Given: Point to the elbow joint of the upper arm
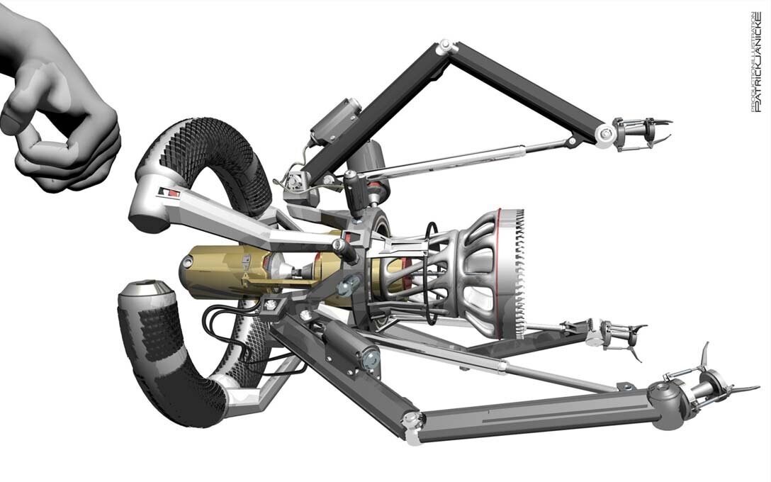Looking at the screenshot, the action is click(x=446, y=47).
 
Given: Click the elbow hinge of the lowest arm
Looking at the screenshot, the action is click(x=410, y=424).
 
